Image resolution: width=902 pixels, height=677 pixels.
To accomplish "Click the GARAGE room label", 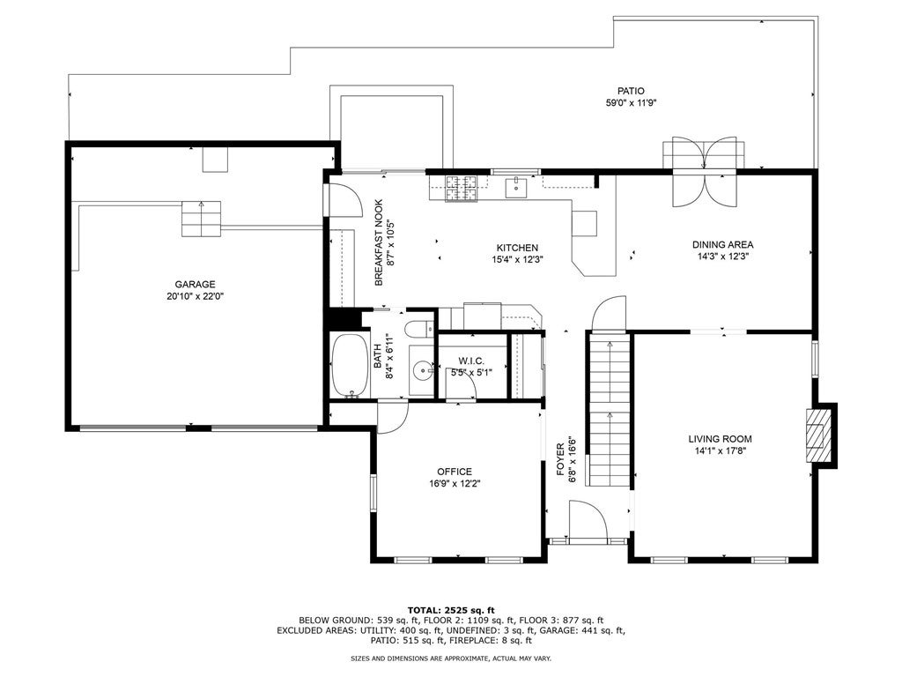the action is point(195,284).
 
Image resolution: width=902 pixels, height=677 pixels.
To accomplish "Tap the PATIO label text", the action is point(631,91).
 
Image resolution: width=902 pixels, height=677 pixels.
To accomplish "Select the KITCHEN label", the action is point(517,248).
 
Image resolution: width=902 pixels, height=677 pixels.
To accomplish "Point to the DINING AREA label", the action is point(722,245).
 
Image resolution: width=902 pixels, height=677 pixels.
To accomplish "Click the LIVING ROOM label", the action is point(720,439).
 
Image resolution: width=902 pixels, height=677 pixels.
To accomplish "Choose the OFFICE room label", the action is point(455,472).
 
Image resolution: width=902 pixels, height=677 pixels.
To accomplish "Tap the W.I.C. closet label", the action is point(471,361).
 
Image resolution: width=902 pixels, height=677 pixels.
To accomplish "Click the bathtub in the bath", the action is point(350,365).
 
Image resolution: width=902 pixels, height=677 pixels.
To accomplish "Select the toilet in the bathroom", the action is point(419,330).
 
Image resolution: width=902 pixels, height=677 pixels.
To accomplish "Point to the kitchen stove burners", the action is point(461,189).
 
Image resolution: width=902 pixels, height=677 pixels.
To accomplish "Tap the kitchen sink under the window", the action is point(516,187).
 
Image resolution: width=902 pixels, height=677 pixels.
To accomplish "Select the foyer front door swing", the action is point(588,521).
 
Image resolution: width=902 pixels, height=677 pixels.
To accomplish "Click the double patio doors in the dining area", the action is point(706,172).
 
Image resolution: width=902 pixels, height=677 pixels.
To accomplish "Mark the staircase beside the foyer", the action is point(609,413).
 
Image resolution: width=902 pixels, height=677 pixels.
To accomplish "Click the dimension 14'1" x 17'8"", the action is point(720,451).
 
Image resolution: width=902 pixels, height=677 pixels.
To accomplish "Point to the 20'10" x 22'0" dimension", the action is point(195,296).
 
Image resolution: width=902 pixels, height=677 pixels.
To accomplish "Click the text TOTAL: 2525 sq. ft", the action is point(451,610).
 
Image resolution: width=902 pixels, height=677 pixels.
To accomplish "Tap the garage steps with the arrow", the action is point(202,219).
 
